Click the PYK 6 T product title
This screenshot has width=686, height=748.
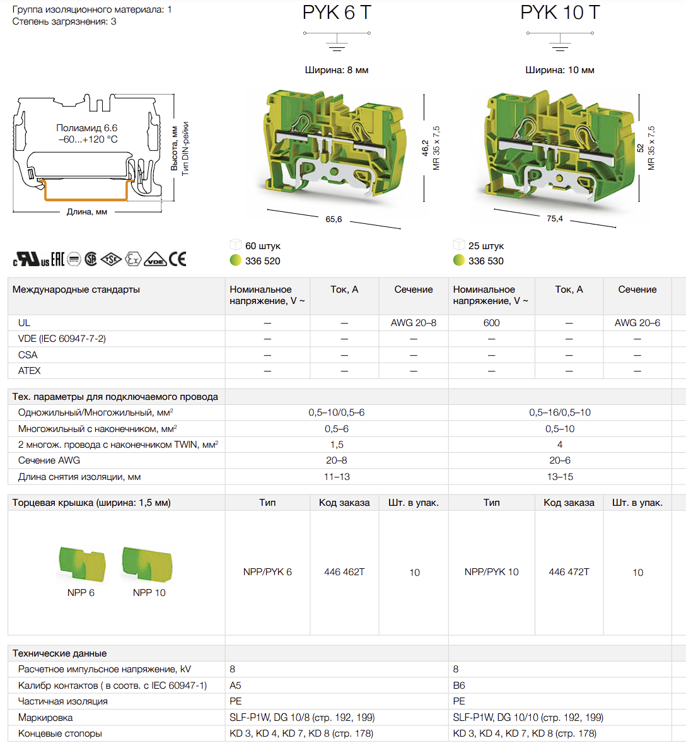click(337, 13)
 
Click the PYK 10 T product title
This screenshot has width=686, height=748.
click(560, 13)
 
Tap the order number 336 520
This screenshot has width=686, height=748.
click(262, 261)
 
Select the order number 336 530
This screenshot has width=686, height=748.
click(485, 261)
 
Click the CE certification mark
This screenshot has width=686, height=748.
click(177, 259)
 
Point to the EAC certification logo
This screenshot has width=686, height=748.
click(58, 259)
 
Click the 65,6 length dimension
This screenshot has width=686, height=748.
click(334, 219)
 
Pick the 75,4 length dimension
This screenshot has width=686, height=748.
click(555, 218)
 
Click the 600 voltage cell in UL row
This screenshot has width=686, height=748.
click(491, 323)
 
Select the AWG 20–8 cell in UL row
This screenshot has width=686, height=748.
click(413, 323)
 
